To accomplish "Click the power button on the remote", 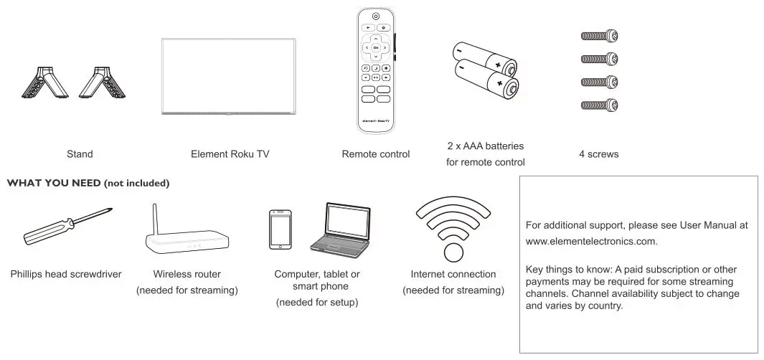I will [375, 16].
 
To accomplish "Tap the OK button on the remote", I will [375, 47].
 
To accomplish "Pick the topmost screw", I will [599, 36].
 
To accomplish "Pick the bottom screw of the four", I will [599, 105].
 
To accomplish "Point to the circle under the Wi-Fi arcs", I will [453, 253].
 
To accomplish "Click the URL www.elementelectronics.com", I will [592, 241].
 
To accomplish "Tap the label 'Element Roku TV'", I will [230, 153].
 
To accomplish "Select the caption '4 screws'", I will [598, 153].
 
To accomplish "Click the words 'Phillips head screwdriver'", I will [66, 274].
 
